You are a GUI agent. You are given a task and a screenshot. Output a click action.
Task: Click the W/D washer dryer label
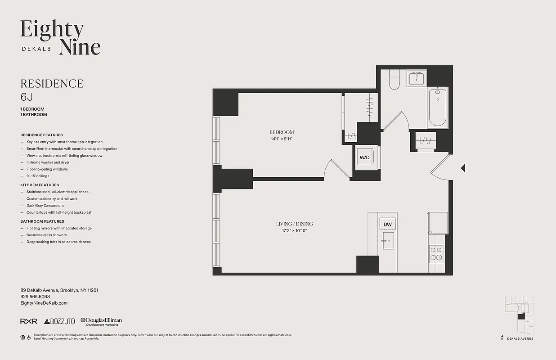tap(364, 158)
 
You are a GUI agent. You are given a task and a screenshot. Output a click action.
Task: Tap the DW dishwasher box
tap(387, 224)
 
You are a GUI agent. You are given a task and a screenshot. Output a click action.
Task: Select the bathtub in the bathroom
tap(437, 108)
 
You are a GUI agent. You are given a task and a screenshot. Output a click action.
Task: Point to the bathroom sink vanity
tap(417, 79)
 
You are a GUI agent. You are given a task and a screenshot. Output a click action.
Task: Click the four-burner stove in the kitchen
tap(436, 253)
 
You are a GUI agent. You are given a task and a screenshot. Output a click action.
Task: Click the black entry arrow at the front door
tap(463, 168)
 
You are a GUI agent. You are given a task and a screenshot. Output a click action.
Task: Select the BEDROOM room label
tap(282, 132)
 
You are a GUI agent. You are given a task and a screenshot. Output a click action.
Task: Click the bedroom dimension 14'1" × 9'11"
tap(282, 139)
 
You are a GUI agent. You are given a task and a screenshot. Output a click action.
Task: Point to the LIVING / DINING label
tap(294, 224)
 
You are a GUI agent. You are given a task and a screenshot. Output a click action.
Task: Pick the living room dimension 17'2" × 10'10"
tap(294, 231)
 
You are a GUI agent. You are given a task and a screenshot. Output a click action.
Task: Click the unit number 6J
tap(27, 97)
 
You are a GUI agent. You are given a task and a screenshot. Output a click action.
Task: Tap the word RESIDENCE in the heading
tap(52, 84)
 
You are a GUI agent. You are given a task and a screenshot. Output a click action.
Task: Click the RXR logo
tap(29, 321)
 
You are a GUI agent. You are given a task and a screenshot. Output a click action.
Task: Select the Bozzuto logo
tap(59, 321)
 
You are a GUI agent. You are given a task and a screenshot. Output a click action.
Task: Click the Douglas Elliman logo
tap(101, 321)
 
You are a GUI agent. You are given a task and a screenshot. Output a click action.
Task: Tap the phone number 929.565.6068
tap(35, 297)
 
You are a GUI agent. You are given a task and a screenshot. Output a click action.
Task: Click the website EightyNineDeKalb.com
tap(44, 303)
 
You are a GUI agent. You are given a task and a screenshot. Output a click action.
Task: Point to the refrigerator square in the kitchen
tap(438, 222)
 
